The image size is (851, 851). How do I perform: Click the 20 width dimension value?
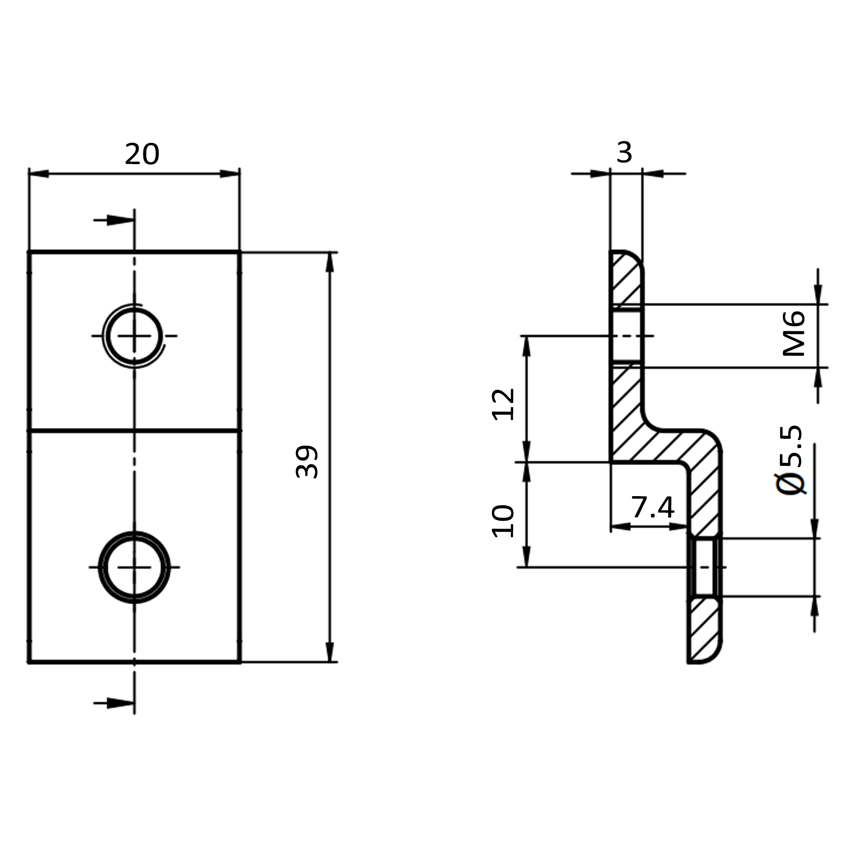coord(142,154)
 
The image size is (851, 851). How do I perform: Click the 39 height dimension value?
coord(307,462)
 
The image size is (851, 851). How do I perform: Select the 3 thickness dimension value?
coord(625,153)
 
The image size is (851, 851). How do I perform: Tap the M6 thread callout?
coord(794,333)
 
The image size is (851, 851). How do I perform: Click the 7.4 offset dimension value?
coord(653,507)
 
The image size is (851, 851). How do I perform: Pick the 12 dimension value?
coord(503,404)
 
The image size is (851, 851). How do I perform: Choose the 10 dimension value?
coord(503,521)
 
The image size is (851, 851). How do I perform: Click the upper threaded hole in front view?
coord(134,336)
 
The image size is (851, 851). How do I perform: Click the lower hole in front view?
coord(134,567)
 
